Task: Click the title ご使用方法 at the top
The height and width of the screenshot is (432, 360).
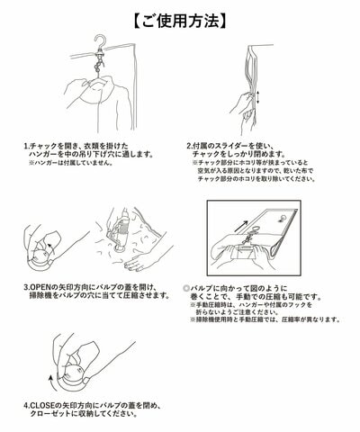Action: coord(179,17)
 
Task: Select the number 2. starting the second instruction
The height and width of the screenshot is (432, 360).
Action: coord(191,143)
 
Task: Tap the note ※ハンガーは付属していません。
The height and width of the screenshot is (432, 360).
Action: coord(82,165)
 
